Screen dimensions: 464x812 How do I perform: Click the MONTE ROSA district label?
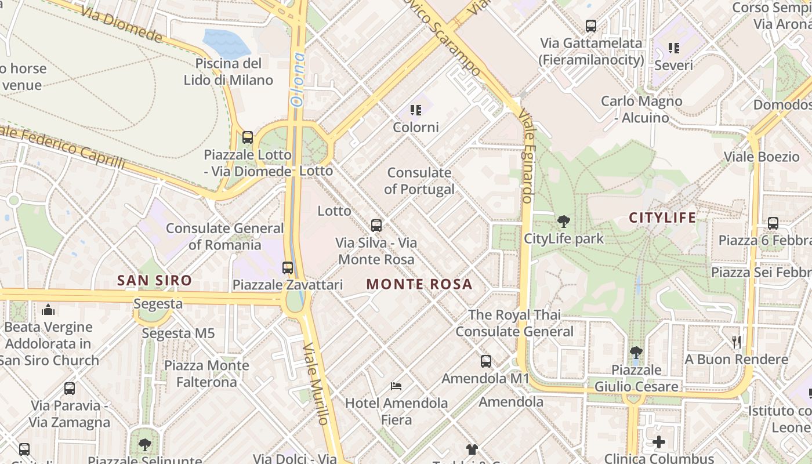pos(419,284)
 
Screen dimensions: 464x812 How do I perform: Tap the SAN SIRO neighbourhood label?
pos(154,281)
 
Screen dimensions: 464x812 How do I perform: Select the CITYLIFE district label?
pos(662,218)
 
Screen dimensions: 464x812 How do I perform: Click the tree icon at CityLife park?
pos(563,221)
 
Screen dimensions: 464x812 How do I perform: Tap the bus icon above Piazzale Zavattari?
pos(288,268)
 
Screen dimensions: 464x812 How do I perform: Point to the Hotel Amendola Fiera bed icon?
pos(397,386)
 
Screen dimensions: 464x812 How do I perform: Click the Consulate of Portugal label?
pos(419,181)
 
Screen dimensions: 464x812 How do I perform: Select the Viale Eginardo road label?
pos(527,157)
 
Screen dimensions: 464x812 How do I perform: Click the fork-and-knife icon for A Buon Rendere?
pos(736,342)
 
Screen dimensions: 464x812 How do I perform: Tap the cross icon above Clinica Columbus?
pos(659,442)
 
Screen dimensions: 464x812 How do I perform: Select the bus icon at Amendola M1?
pos(486,361)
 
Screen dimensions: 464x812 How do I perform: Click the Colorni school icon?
pos(415,110)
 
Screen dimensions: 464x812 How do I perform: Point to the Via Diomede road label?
pos(122,25)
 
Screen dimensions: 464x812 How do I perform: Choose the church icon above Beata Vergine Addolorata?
pos(49,310)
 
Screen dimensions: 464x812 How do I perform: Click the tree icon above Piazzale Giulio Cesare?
pos(636,352)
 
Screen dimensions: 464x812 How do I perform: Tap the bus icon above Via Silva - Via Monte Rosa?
pos(376,226)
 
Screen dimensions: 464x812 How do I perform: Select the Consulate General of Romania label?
pos(224,236)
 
